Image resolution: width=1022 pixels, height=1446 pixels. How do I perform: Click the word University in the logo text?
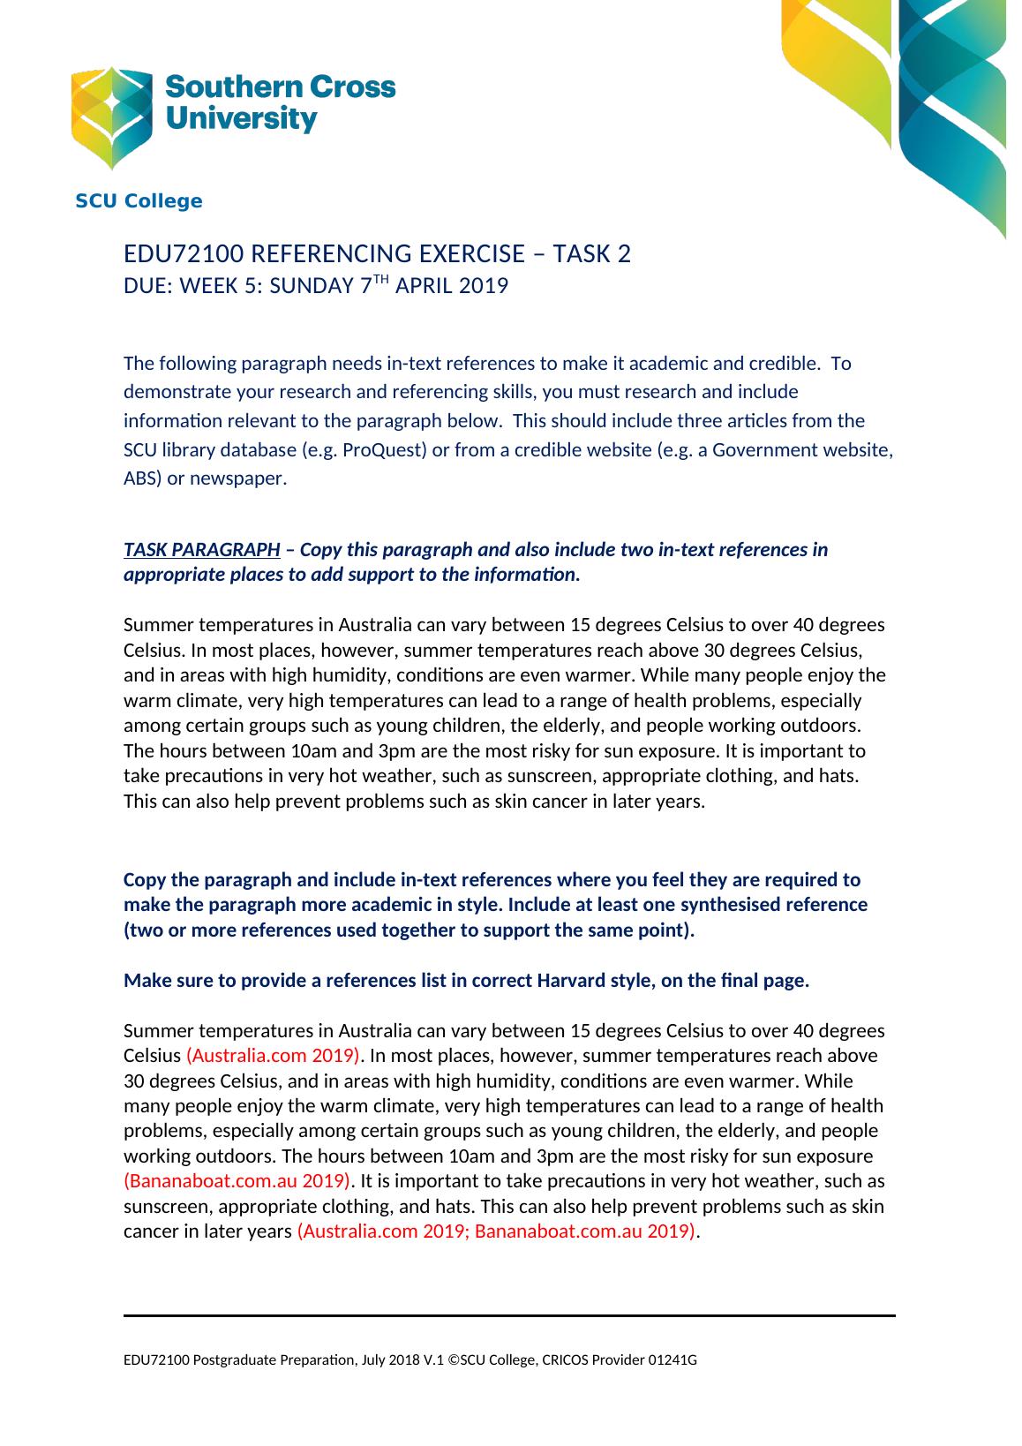pyautogui.click(x=241, y=119)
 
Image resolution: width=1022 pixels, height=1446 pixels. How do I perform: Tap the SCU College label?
pyautogui.click(x=139, y=201)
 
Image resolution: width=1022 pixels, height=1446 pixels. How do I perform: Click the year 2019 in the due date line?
pyautogui.click(x=484, y=286)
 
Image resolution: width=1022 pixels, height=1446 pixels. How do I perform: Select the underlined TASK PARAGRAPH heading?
pyautogui.click(x=202, y=550)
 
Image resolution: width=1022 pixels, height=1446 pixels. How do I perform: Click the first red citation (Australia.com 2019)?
pyautogui.click(x=273, y=1056)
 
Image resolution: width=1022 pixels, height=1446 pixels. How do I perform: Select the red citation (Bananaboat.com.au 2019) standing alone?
pyautogui.click(x=237, y=1181)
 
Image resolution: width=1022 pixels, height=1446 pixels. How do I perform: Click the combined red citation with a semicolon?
pyautogui.click(x=497, y=1231)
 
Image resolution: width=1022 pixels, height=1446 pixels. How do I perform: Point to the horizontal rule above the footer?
pyautogui.click(x=509, y=1315)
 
